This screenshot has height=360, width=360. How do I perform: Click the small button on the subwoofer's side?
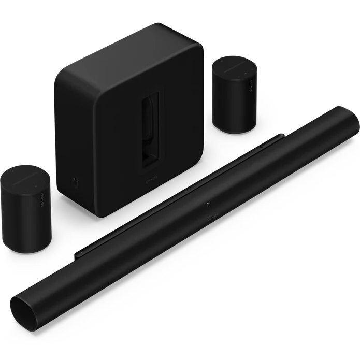[76, 182]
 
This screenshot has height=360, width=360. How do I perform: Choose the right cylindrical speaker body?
[236, 104]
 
